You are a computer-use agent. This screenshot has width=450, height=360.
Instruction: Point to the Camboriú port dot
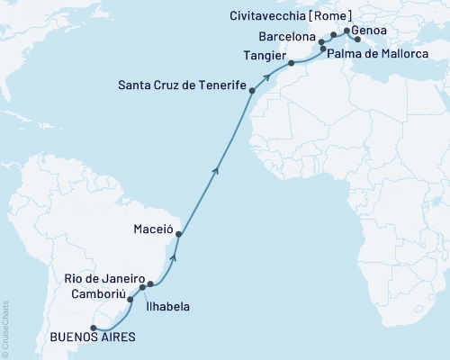[x=130, y=299]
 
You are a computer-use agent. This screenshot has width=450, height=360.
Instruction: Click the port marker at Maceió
[x=178, y=235]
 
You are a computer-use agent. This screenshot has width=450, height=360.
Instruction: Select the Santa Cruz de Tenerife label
[x=183, y=85]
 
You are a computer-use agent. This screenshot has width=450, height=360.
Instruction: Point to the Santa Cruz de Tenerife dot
[x=252, y=91]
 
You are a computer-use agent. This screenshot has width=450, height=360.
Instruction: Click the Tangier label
[x=264, y=54]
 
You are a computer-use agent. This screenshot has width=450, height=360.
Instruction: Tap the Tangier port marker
[x=291, y=63]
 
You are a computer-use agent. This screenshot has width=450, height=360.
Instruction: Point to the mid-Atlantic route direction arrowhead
[x=214, y=166]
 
